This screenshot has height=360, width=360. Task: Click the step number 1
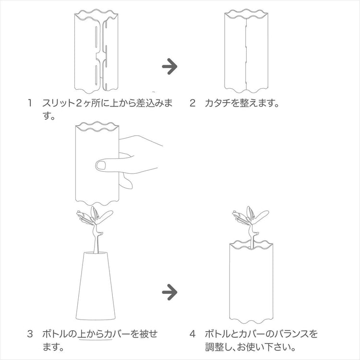(29, 103)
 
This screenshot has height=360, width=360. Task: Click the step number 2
(192, 103)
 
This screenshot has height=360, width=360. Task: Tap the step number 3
(30, 334)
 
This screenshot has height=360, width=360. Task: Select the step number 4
(192, 334)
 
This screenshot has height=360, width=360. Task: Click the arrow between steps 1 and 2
(169, 66)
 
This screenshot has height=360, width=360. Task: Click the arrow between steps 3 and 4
(169, 292)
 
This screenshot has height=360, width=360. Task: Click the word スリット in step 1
(59, 103)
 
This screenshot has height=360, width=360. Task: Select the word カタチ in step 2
(217, 103)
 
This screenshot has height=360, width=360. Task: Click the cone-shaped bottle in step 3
(96, 286)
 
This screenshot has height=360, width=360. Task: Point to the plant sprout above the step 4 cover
(251, 225)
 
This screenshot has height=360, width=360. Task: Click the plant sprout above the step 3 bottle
(95, 228)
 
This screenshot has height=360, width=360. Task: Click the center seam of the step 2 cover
(246, 53)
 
